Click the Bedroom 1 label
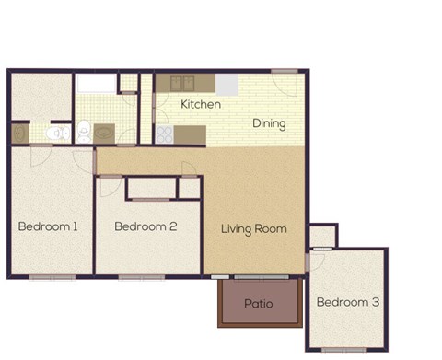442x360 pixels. click(48, 226)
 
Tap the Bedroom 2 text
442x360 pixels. click(145, 226)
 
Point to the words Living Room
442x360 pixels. click(253, 228)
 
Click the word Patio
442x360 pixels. click(258, 303)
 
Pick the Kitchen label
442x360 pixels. click(200, 104)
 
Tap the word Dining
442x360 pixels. click(269, 124)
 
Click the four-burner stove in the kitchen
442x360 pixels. click(165, 134)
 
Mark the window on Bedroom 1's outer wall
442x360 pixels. click(52, 276)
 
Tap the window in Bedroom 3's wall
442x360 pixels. click(346, 350)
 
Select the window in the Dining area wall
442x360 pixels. click(285, 70)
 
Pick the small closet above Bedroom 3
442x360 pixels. click(322, 237)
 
